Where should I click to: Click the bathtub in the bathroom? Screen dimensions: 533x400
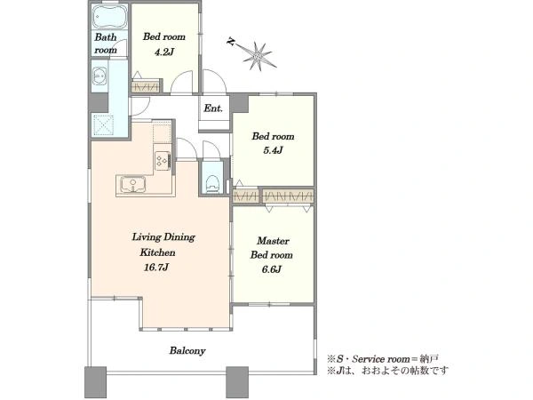click(x=110, y=17)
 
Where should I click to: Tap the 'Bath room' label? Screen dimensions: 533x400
click(x=106, y=44)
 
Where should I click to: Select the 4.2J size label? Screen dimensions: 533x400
click(x=164, y=52)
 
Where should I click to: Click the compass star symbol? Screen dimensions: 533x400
click(x=258, y=56)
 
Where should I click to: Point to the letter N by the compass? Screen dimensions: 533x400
click(x=231, y=42)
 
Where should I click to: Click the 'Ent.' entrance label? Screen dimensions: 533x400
click(x=213, y=108)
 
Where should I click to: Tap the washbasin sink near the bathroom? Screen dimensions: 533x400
click(x=99, y=76)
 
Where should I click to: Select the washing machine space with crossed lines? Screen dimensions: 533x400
click(x=103, y=124)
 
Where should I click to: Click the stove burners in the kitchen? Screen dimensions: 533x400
click(x=163, y=160)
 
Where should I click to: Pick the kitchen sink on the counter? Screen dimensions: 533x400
click(x=132, y=185)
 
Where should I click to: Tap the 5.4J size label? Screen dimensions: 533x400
click(x=273, y=150)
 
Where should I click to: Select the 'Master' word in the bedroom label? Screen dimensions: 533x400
click(x=273, y=241)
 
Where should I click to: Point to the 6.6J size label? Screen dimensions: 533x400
click(x=271, y=269)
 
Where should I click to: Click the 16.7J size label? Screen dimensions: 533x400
click(x=156, y=268)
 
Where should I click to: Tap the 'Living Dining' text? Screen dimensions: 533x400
click(x=163, y=236)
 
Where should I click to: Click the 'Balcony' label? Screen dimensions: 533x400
click(x=187, y=351)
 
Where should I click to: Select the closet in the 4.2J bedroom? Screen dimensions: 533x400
click(x=146, y=87)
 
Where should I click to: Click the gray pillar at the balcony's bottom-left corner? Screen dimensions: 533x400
click(x=96, y=382)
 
